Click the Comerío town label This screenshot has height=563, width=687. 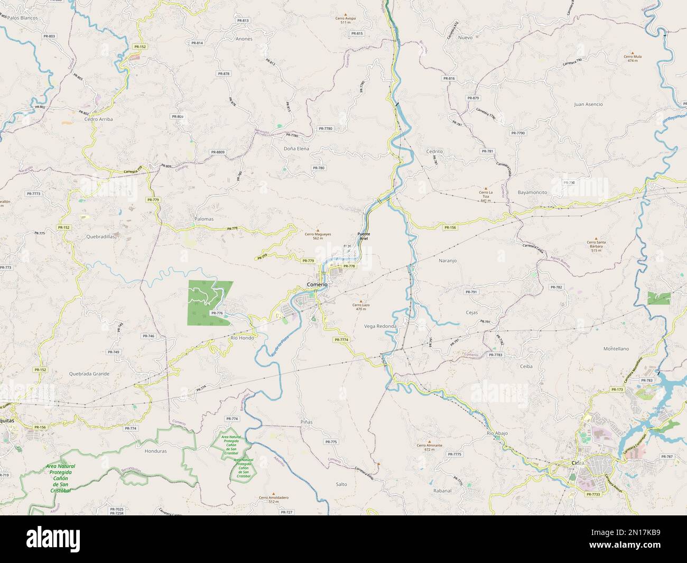(x=317, y=285)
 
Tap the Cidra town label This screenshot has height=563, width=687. (x=578, y=463)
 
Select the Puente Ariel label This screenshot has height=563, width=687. (x=364, y=236)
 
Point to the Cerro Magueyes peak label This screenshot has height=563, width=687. (x=318, y=236)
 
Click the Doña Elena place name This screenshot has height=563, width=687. (x=296, y=149)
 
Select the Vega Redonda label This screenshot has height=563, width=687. (x=380, y=326)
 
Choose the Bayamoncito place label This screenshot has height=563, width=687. (x=532, y=192)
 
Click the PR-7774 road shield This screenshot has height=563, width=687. (x=341, y=339)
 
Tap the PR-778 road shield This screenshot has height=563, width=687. (x=349, y=266)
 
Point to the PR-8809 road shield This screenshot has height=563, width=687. (x=218, y=152)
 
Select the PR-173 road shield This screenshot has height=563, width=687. (x=617, y=390)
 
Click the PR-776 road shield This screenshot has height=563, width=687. (x=217, y=313)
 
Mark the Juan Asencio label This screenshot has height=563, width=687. (x=588, y=105)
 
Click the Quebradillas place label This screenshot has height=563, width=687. (x=100, y=237)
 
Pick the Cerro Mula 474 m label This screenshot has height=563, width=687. (x=632, y=58)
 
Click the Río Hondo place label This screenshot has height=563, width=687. (x=243, y=337)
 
